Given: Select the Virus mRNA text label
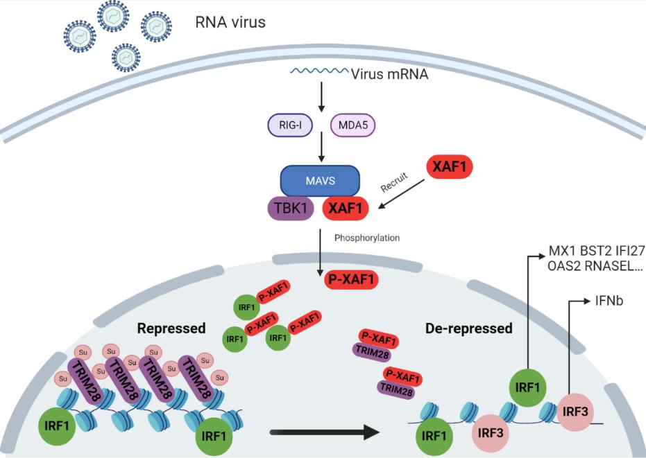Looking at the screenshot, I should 390,73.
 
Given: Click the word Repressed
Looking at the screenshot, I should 171,328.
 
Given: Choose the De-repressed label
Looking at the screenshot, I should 468,328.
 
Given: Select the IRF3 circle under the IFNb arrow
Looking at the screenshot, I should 576,410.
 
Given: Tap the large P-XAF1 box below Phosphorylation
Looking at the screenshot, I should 351,279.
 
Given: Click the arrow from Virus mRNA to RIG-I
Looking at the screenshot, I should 321,97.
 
